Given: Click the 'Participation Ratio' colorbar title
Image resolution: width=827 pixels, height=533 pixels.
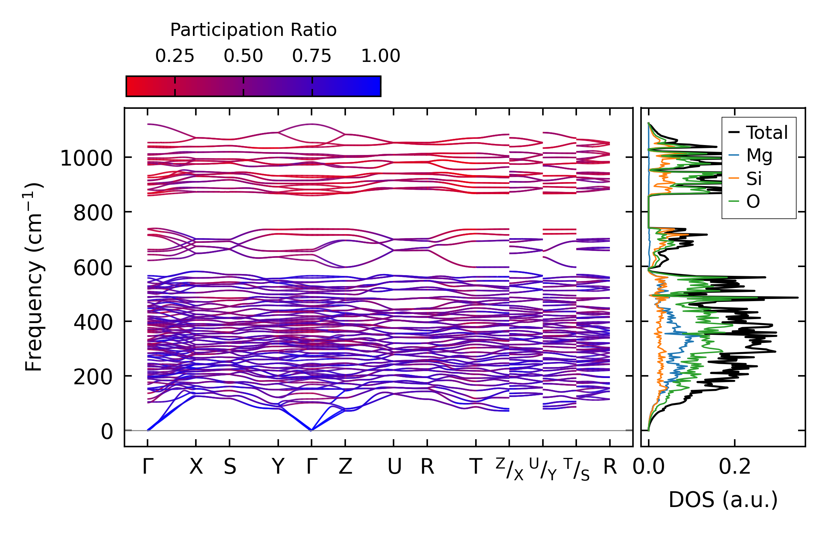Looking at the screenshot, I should pyautogui.click(x=253, y=30).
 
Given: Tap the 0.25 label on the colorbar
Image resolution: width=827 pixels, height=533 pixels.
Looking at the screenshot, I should pyautogui.click(x=175, y=56).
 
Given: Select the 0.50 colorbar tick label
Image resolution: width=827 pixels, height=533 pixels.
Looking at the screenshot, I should pyautogui.click(x=243, y=56).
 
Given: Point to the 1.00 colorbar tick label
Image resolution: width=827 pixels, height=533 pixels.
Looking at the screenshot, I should pyautogui.click(x=380, y=56).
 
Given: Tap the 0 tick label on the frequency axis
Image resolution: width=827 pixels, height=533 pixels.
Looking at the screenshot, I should pyautogui.click(x=107, y=432).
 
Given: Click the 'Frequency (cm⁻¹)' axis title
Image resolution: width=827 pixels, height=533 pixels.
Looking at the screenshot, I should pyautogui.click(x=34, y=277).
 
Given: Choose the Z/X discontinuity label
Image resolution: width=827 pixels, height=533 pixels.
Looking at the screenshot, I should pyautogui.click(x=509, y=469).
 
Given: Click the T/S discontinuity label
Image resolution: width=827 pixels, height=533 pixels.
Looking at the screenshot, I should pyautogui.click(x=576, y=469).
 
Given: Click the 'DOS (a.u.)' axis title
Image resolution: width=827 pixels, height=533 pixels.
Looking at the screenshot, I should pyautogui.click(x=723, y=500).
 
